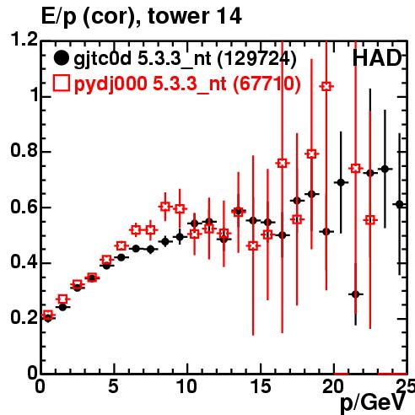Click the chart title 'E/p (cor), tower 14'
click(x=141, y=17)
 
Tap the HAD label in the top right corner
click(x=377, y=58)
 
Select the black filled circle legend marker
click(x=61, y=58)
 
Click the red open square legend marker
click(x=61, y=84)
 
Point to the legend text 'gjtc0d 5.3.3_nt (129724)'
click(x=185, y=59)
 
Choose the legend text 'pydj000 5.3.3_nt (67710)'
click(x=187, y=84)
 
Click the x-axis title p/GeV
click(x=373, y=402)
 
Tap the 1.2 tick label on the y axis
click(x=24, y=40)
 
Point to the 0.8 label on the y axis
click(x=24, y=150)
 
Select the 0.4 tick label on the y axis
click(x=24, y=261)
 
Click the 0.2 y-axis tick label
click(x=24, y=317)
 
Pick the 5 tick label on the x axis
click(x=114, y=386)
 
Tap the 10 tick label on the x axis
click(x=186, y=386)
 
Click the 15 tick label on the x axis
click(x=261, y=386)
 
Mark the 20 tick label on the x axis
click(x=333, y=386)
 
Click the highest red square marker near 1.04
click(x=326, y=86)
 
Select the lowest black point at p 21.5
click(x=356, y=294)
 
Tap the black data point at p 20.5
click(x=341, y=182)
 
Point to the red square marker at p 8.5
click(x=165, y=207)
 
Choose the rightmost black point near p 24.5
click(x=400, y=205)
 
